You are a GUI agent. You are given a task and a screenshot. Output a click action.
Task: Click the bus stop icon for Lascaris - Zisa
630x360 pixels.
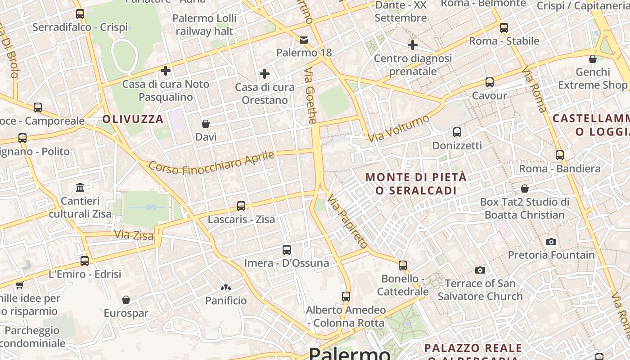point(241,206)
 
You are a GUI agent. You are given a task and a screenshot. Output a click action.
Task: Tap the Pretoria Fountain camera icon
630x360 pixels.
point(551,242)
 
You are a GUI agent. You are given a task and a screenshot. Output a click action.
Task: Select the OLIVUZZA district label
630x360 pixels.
point(133,119)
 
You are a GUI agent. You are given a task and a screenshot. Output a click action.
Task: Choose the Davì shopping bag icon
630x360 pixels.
point(206,124)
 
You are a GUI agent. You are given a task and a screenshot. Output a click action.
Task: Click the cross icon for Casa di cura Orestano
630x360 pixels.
point(265,74)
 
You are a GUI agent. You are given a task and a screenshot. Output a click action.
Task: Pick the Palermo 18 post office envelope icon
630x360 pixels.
point(304,40)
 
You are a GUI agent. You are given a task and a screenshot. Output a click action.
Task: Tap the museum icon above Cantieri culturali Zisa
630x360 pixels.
point(81,187)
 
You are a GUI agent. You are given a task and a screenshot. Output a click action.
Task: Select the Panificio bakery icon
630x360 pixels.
point(226,288)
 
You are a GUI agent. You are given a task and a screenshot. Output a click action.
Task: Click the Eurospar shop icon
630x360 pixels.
point(126,300)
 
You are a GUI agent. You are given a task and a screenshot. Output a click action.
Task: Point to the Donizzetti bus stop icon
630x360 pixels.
point(457,132)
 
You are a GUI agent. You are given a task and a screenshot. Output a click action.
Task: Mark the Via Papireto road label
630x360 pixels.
point(347,221)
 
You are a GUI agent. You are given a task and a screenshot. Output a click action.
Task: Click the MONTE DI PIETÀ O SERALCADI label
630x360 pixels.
point(416,184)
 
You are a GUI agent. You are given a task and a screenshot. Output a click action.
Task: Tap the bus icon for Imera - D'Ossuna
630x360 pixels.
point(287,250)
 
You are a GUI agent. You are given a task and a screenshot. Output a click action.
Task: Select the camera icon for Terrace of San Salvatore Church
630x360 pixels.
point(480,270)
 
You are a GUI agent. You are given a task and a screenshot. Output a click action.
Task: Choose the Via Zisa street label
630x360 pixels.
point(134,234)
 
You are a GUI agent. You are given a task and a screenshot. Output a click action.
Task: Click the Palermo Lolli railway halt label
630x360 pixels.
point(204,25)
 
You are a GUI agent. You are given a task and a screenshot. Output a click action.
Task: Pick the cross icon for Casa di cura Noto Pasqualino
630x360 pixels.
point(166,71)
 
